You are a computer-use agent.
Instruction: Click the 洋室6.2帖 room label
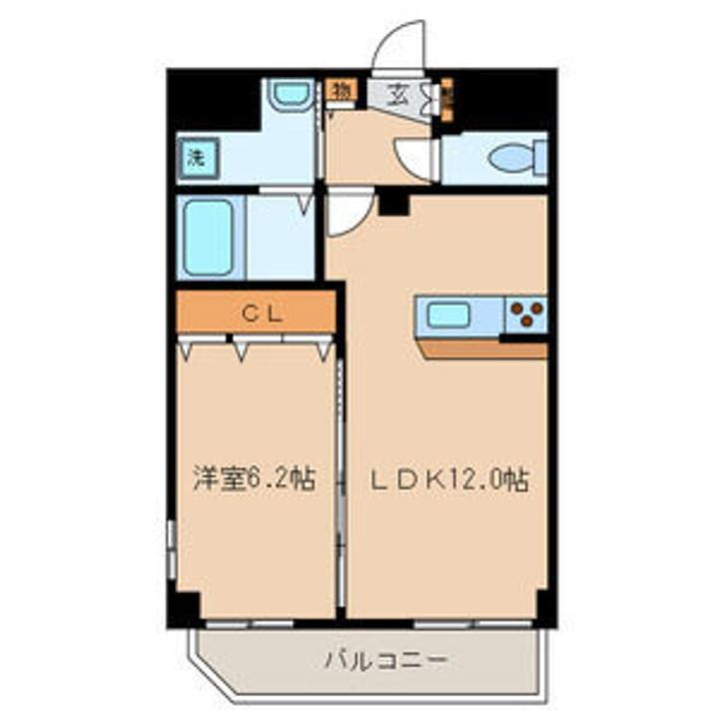(x=254, y=479)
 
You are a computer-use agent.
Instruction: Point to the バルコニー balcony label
(x=384, y=660)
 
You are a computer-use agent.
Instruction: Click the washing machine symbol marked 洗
(x=195, y=157)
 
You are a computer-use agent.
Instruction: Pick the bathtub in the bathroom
(x=210, y=237)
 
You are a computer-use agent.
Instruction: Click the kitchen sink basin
(x=448, y=316)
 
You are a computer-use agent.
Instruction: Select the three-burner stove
(x=525, y=316)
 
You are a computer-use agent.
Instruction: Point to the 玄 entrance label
(x=397, y=96)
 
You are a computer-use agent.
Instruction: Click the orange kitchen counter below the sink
(x=483, y=350)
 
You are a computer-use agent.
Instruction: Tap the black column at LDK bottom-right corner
(x=545, y=605)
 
